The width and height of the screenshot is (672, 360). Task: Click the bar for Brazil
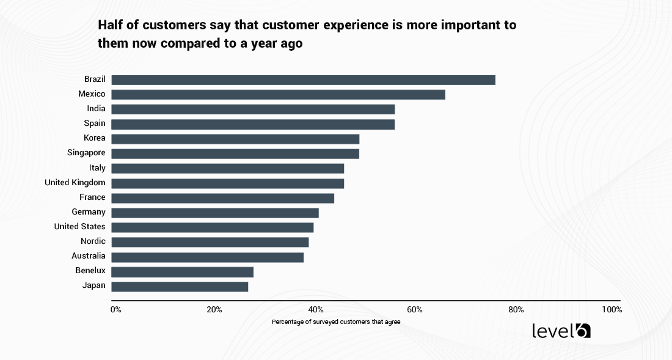(303, 80)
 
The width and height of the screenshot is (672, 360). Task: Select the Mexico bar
(278, 95)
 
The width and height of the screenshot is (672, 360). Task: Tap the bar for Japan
(180, 286)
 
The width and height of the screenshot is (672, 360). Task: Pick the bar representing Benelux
(182, 271)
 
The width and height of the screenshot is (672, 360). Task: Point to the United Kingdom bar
(227, 183)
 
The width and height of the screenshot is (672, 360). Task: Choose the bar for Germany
(215, 213)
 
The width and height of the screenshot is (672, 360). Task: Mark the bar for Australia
(207, 257)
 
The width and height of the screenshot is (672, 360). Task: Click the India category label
(96, 109)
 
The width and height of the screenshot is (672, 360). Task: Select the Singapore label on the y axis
(86, 153)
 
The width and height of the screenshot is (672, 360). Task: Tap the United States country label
(79, 227)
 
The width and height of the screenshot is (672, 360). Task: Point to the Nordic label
(93, 241)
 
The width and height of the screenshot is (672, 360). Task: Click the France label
(92, 197)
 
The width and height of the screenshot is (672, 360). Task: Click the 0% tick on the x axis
(115, 310)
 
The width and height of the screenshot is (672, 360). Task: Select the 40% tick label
(315, 310)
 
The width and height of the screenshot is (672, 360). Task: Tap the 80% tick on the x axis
(516, 310)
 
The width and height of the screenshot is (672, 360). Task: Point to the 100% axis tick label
(612, 310)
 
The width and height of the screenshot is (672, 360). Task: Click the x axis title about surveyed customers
(336, 321)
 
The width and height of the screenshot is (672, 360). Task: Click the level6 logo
(561, 331)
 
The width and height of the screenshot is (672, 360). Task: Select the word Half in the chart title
(111, 26)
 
